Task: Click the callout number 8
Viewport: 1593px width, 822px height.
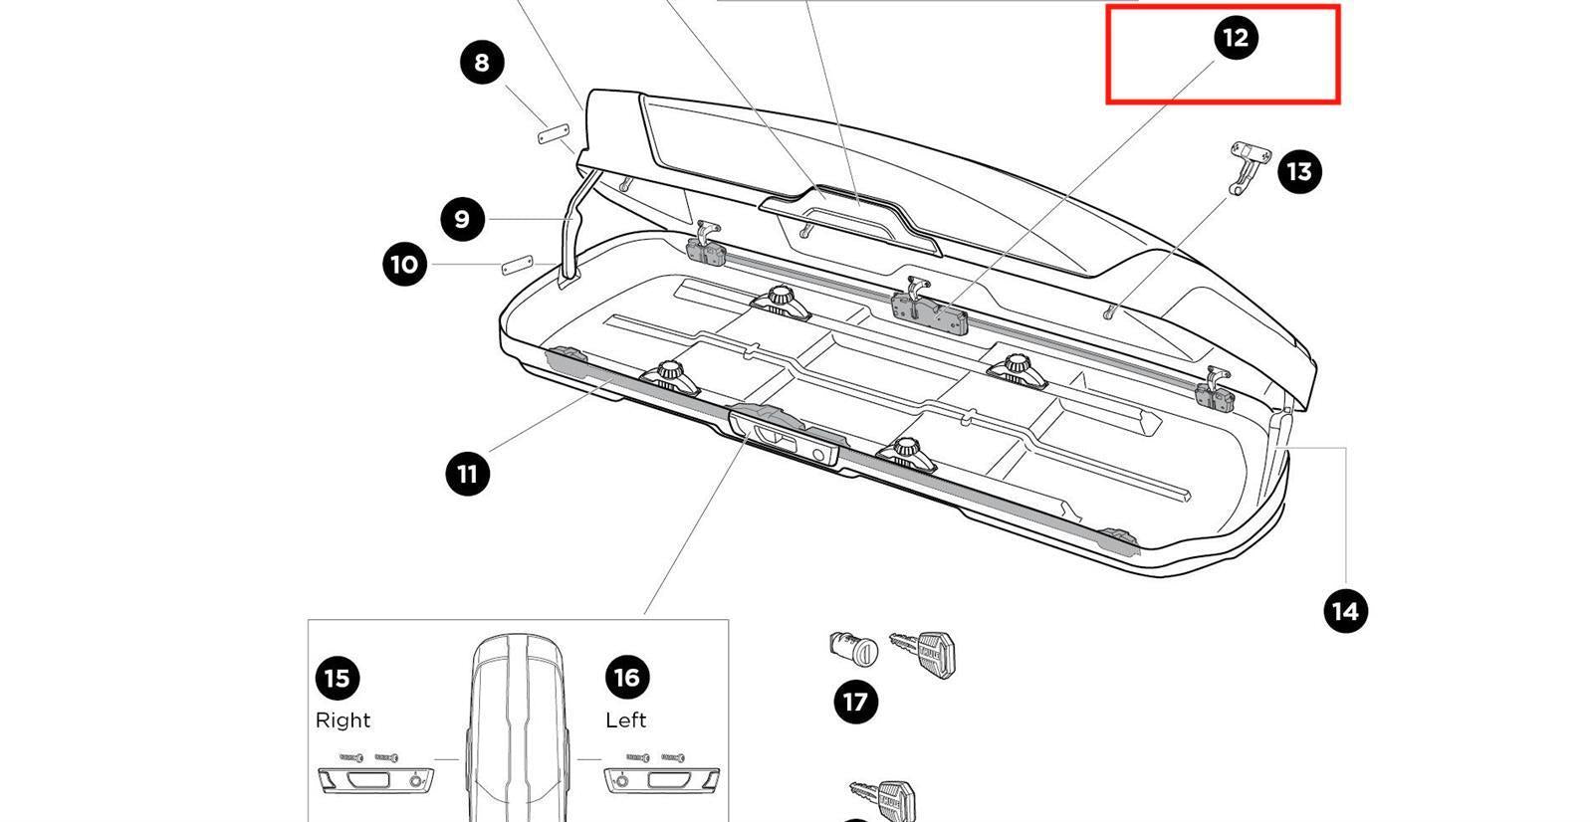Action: [x=482, y=63]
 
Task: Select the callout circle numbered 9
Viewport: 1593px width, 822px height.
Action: [x=461, y=219]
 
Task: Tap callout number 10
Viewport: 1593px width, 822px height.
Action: [x=404, y=265]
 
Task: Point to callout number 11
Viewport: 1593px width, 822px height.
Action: [x=467, y=474]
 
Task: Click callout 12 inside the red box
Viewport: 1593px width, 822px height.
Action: [x=1235, y=38]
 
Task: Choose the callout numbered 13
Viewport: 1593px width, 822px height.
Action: [x=1299, y=172]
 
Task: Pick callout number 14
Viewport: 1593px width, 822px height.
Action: [x=1345, y=610]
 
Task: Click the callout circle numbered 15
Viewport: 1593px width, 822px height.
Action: [x=338, y=679]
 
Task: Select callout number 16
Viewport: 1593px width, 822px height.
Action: [x=626, y=678]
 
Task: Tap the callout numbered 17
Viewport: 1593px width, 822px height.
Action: [x=855, y=702]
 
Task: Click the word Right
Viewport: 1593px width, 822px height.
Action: [x=342, y=719]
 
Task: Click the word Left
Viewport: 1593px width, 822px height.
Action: [x=626, y=719]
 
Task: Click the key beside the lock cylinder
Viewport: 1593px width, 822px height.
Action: [x=926, y=651]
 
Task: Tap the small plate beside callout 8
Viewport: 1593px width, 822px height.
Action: [x=553, y=133]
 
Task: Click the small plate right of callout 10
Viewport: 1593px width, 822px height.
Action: [x=518, y=266]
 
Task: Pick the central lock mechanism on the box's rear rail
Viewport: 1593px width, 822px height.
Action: [x=930, y=309]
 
